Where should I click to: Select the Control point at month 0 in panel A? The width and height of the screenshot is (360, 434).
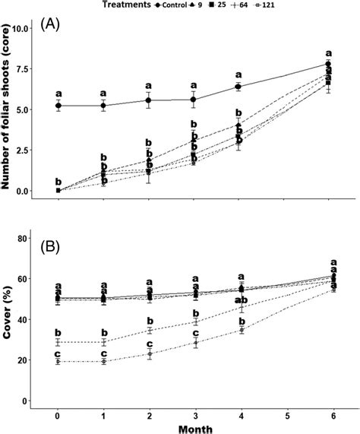click(x=58, y=106)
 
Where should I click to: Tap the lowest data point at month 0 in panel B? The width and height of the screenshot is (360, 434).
click(x=58, y=362)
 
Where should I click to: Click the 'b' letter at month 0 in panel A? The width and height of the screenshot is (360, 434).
click(x=58, y=181)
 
